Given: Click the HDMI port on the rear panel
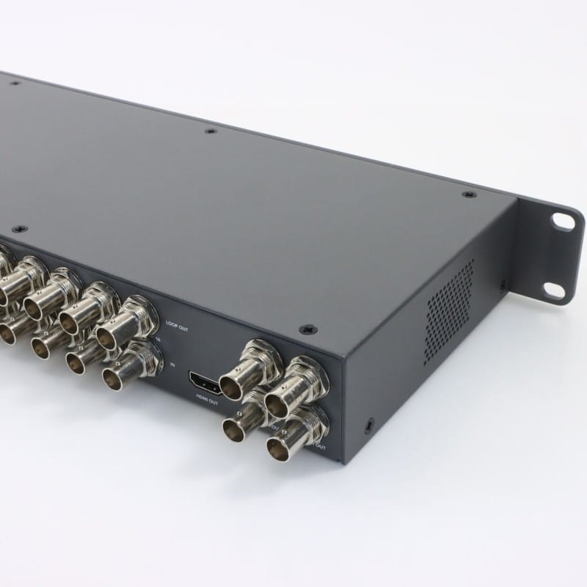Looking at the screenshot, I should pyautogui.click(x=205, y=381).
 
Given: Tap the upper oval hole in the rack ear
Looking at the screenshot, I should pyautogui.click(x=563, y=219).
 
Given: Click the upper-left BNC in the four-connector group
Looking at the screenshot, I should pyautogui.click(x=253, y=365).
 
